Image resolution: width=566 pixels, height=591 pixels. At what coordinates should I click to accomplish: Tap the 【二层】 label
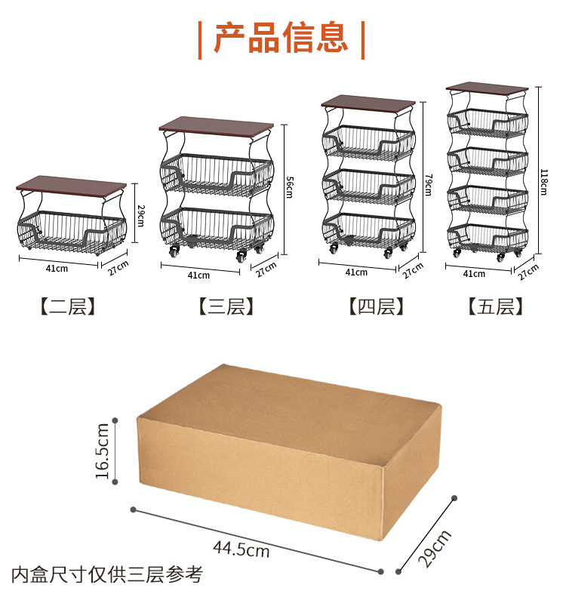[68, 306]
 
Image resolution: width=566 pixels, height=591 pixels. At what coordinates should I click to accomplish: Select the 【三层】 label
[225, 306]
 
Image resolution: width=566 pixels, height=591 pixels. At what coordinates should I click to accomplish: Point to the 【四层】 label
[376, 306]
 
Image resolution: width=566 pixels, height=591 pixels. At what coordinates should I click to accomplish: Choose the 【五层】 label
[495, 306]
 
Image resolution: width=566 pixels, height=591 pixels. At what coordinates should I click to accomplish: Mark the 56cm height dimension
[289, 186]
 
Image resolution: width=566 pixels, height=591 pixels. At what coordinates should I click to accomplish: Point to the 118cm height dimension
[544, 181]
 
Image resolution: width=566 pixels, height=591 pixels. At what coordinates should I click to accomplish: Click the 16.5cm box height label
[103, 451]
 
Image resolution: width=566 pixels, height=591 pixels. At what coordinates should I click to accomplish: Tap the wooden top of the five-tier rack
[486, 88]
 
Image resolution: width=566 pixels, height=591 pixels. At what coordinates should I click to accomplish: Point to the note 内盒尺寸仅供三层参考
[106, 574]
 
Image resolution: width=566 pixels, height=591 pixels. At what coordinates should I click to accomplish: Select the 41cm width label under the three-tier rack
[198, 275]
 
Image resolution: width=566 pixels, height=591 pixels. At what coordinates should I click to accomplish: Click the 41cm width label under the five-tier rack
[474, 274]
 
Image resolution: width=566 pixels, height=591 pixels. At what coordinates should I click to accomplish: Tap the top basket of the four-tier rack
[370, 142]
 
